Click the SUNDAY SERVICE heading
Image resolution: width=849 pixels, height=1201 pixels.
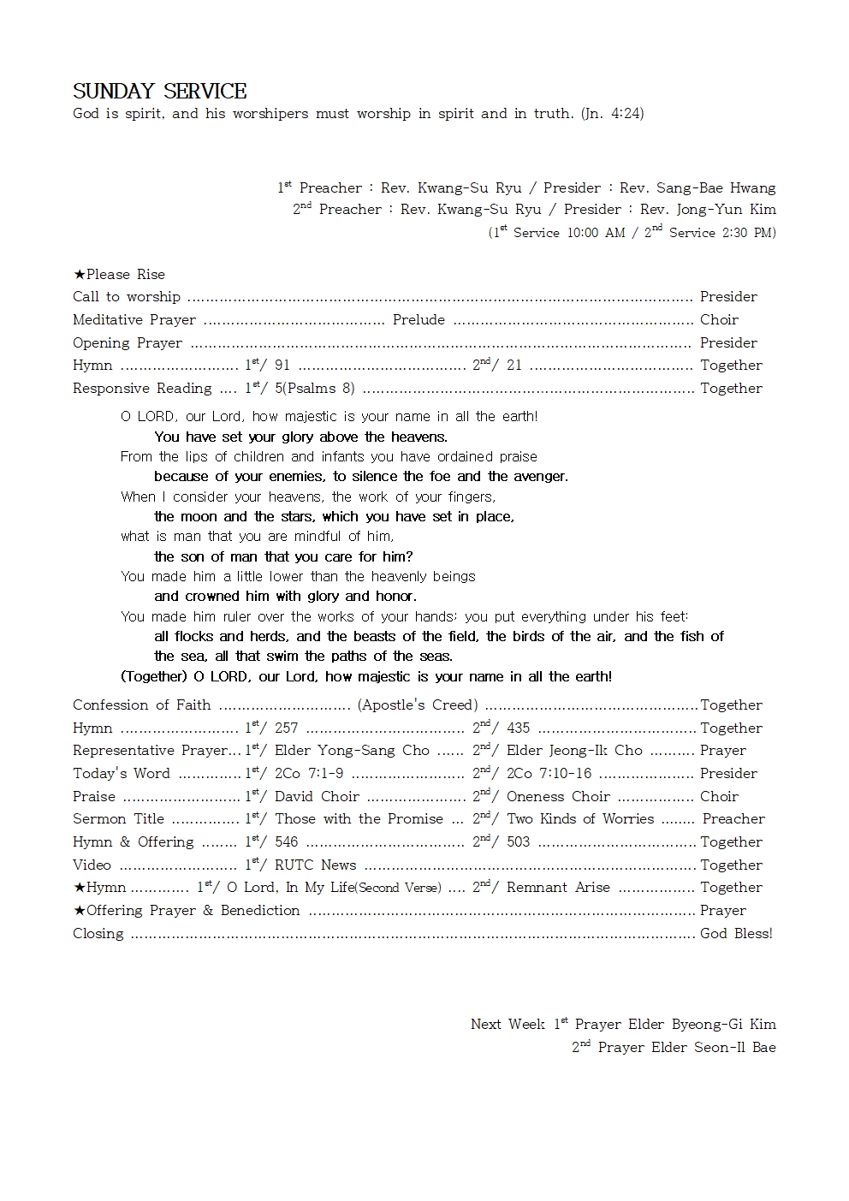point(159,92)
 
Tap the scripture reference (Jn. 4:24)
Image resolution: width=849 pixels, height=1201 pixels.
point(612,113)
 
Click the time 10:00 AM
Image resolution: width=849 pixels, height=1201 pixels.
point(596,233)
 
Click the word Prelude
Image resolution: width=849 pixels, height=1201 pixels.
point(419,320)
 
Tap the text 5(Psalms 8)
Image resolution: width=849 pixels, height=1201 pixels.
point(314,389)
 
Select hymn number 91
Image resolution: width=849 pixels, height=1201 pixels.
point(282,366)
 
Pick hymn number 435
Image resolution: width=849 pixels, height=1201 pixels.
point(518,728)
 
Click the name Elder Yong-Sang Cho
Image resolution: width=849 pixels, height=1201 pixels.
point(352,751)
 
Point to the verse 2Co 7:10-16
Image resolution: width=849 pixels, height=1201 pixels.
point(549,774)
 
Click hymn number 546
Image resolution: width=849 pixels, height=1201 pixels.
point(287,842)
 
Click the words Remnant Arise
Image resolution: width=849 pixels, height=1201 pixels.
point(558,888)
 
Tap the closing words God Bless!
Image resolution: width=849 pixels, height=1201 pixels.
point(736,934)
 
